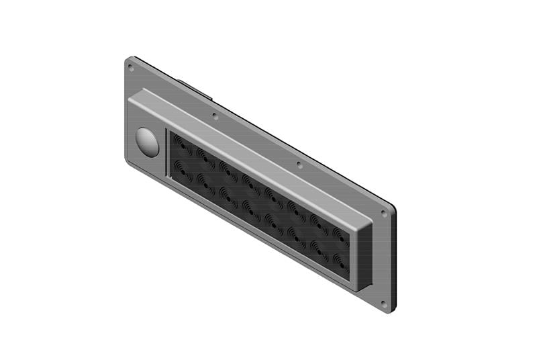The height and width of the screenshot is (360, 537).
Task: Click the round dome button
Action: click(147, 142)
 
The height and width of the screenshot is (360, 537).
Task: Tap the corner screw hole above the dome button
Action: click(131, 67)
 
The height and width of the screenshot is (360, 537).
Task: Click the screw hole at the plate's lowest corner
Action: click(383, 304)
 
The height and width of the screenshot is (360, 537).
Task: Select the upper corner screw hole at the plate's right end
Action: click(384, 214)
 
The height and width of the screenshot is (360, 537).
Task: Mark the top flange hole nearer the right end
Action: click(299, 164)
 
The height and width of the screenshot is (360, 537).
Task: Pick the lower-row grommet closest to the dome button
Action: click(182, 167)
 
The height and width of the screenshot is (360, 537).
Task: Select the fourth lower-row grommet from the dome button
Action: click(250, 206)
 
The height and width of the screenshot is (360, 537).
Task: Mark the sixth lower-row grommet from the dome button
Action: click(295, 232)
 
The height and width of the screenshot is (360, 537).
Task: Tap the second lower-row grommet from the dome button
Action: click(204, 180)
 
